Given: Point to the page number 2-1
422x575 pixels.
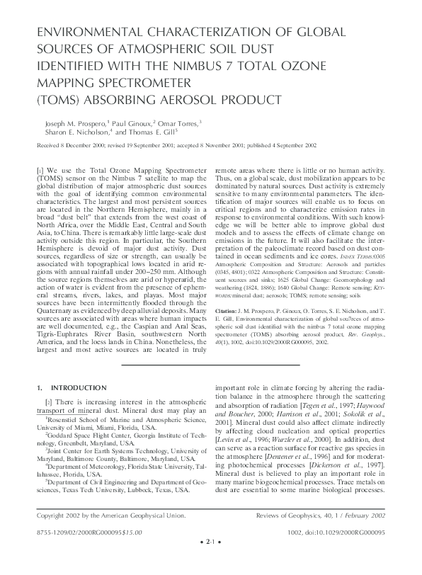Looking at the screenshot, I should (211, 564).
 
